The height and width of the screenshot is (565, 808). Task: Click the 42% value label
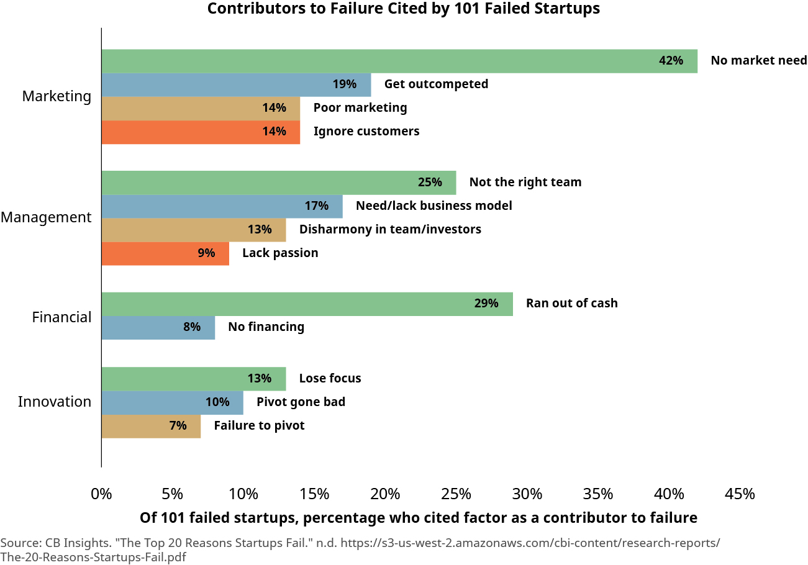pyautogui.click(x=671, y=61)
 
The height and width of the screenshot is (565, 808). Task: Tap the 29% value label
pyautogui.click(x=486, y=304)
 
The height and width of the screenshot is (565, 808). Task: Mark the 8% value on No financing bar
pyautogui.click(x=192, y=327)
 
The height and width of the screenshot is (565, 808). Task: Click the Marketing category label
pyautogui.click(x=57, y=96)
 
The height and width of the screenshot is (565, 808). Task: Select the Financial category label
pyautogui.click(x=61, y=317)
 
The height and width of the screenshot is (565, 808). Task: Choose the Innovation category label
pyautogui.click(x=55, y=402)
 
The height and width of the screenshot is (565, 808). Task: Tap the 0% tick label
pyautogui.click(x=101, y=494)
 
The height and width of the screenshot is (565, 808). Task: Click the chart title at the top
pyautogui.click(x=404, y=9)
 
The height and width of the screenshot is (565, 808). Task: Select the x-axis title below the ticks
pyautogui.click(x=418, y=518)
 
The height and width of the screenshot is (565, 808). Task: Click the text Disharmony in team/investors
pyautogui.click(x=390, y=230)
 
